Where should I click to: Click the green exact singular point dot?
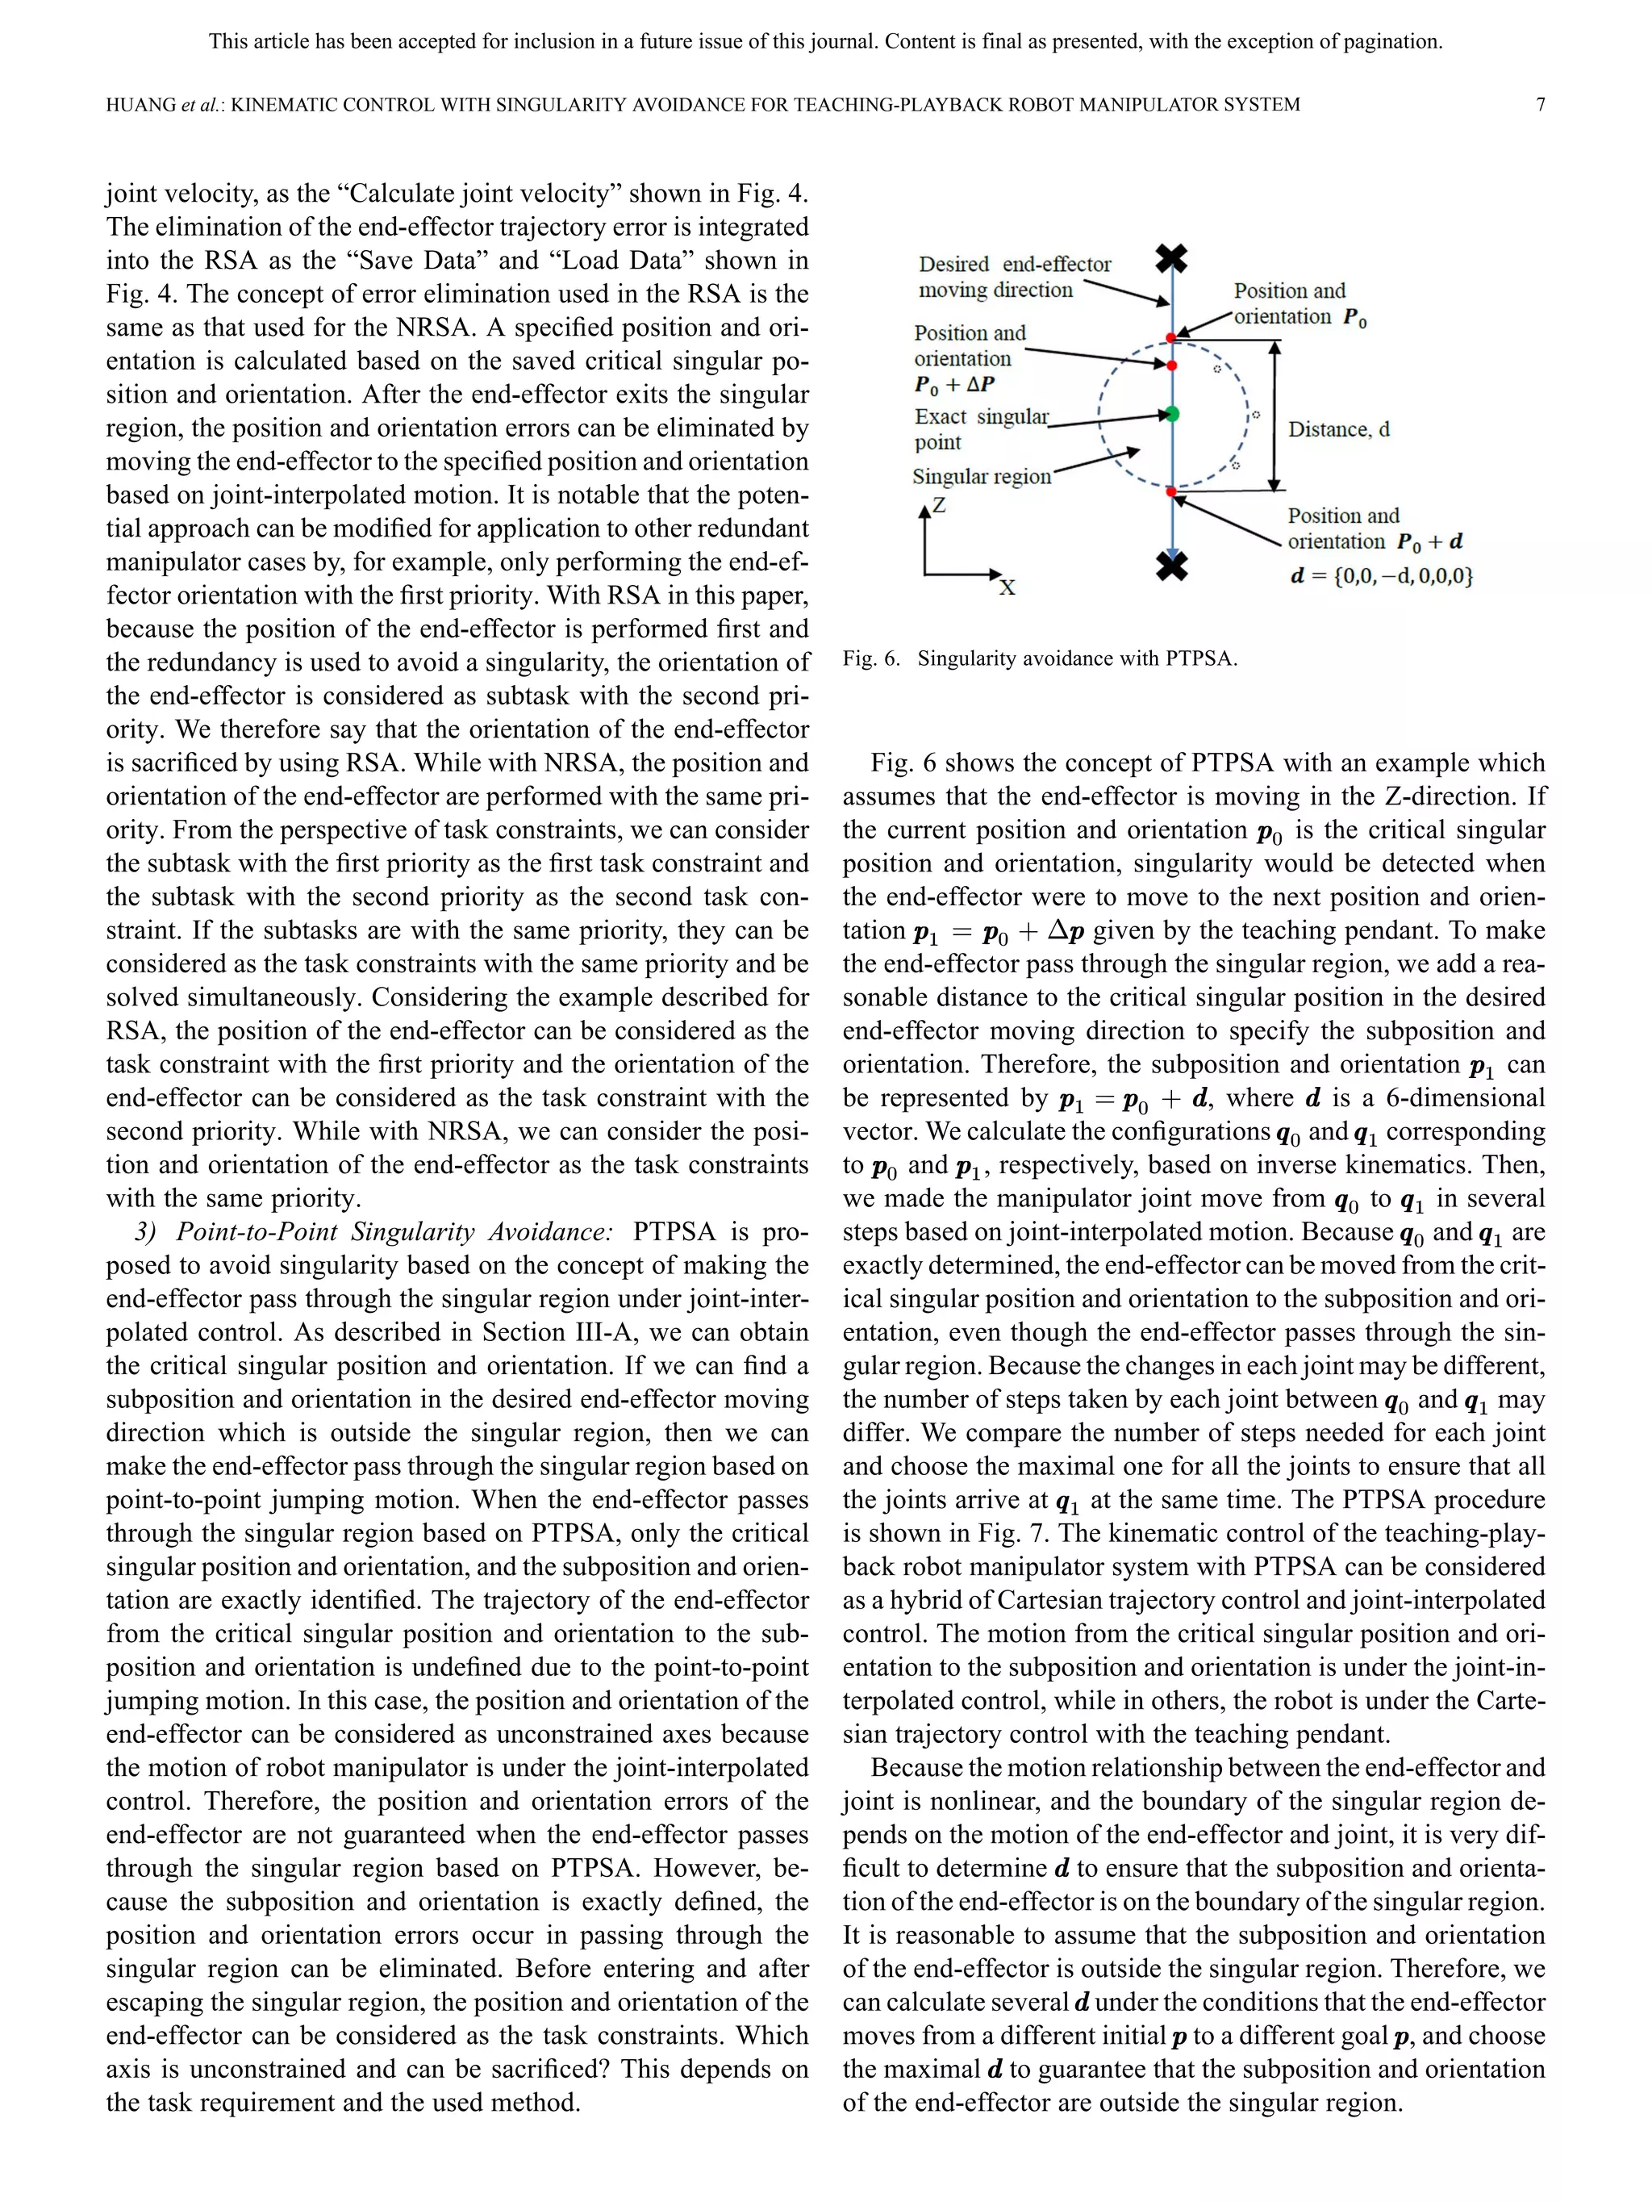coord(1172,413)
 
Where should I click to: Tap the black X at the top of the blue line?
coord(1172,259)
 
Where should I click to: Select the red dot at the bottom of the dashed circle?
coord(1172,491)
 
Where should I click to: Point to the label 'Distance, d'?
coord(1338,429)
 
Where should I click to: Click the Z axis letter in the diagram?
coord(938,506)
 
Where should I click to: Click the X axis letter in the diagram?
coord(1007,587)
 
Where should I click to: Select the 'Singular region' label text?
coord(981,477)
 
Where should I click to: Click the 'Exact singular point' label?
coord(981,429)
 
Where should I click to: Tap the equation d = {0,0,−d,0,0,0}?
coord(1381,575)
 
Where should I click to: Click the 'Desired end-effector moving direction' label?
coord(1013,277)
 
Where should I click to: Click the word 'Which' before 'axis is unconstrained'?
coord(772,2036)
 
